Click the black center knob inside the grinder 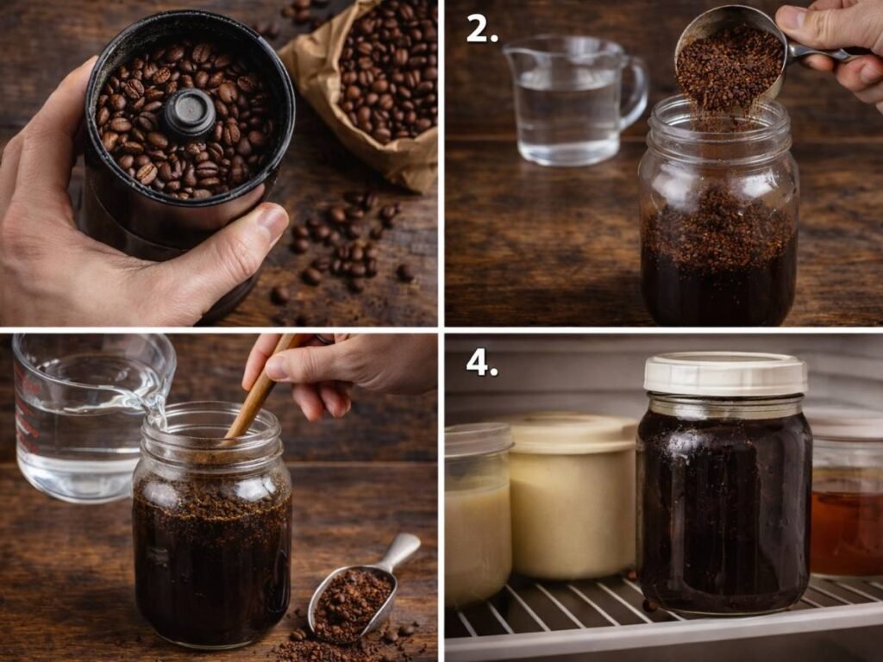189,112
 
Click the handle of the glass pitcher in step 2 635,91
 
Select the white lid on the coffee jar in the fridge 725,373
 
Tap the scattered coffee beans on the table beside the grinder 345,241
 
